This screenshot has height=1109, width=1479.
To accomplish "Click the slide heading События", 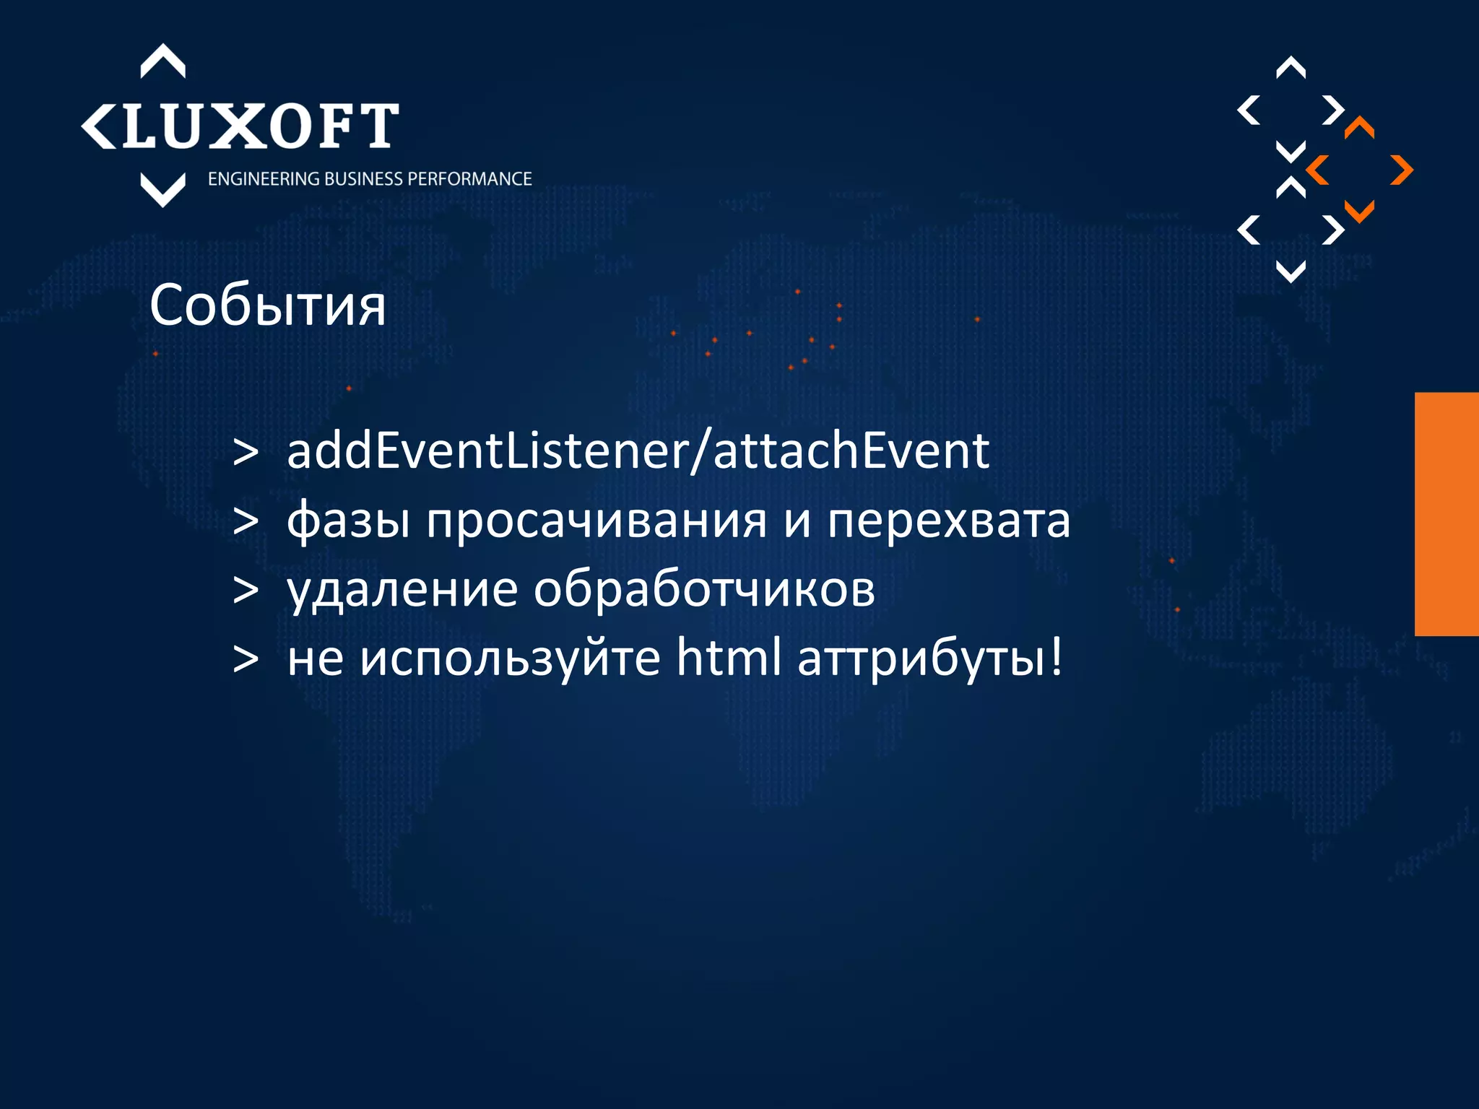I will pyautogui.click(x=267, y=306).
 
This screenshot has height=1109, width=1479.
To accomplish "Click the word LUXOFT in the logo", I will pyautogui.click(x=260, y=126).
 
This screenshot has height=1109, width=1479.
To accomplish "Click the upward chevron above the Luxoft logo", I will pyautogui.click(x=162, y=61).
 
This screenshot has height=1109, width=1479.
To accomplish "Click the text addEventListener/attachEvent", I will pyautogui.click(x=638, y=451).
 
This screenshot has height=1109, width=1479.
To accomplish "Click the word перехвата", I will pyautogui.click(x=948, y=521).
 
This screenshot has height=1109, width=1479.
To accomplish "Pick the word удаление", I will pyautogui.click(x=402, y=591).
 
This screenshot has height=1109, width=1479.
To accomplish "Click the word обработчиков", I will pyautogui.click(x=704, y=589).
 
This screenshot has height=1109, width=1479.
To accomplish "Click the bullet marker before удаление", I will pyautogui.click(x=246, y=591).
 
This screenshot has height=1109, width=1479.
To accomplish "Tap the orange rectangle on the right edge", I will pyautogui.click(x=1447, y=514).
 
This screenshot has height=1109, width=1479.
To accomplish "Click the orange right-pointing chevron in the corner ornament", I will pyautogui.click(x=1402, y=170).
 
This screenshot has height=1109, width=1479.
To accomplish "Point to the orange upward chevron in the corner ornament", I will pyautogui.click(x=1359, y=127).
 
